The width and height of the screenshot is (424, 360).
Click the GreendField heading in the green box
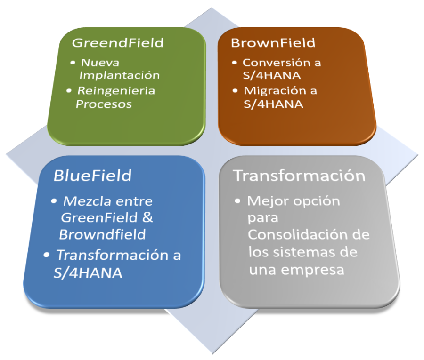point(118,43)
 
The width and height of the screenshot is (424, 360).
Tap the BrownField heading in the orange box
point(273,43)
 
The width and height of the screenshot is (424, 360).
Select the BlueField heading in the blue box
point(92,176)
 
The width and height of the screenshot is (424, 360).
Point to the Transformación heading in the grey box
point(300,176)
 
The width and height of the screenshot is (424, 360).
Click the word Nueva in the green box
point(100,63)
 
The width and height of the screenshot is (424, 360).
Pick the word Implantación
point(120,75)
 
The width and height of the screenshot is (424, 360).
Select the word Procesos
point(104,104)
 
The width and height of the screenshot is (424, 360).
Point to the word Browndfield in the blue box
point(103,234)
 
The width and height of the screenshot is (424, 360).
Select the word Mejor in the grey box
point(265,201)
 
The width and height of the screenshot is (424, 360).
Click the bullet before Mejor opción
point(239,202)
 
